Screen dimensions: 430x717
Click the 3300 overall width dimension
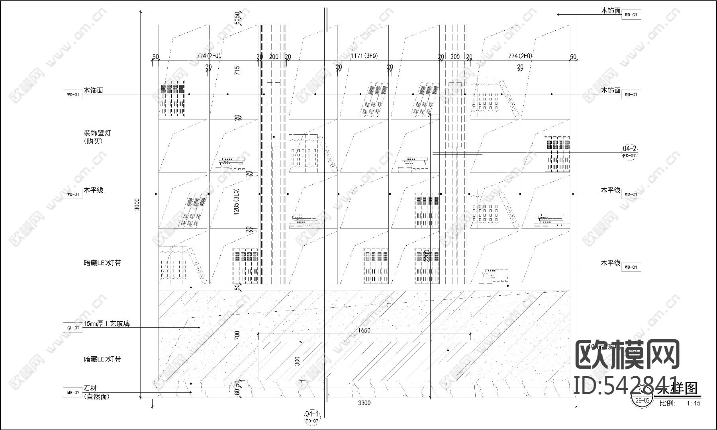coord(364,403)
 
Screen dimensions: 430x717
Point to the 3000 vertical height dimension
coord(137,204)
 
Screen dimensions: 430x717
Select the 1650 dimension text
coord(364,330)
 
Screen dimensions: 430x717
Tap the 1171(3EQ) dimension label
coord(364,56)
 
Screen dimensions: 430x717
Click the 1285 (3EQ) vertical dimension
coord(237,202)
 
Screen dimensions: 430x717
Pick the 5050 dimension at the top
coord(238,18)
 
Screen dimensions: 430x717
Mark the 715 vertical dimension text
coord(237,71)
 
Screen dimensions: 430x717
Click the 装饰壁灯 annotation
coord(93,133)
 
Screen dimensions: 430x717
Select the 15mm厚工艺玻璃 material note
coord(106,324)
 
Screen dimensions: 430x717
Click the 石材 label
coord(90,388)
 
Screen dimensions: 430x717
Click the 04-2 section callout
coord(629,149)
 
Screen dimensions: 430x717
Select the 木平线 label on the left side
coord(93,190)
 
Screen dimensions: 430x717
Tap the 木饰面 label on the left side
coord(93,90)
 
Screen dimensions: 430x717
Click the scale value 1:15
coord(693,403)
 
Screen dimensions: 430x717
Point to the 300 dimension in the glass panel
coord(297,361)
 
